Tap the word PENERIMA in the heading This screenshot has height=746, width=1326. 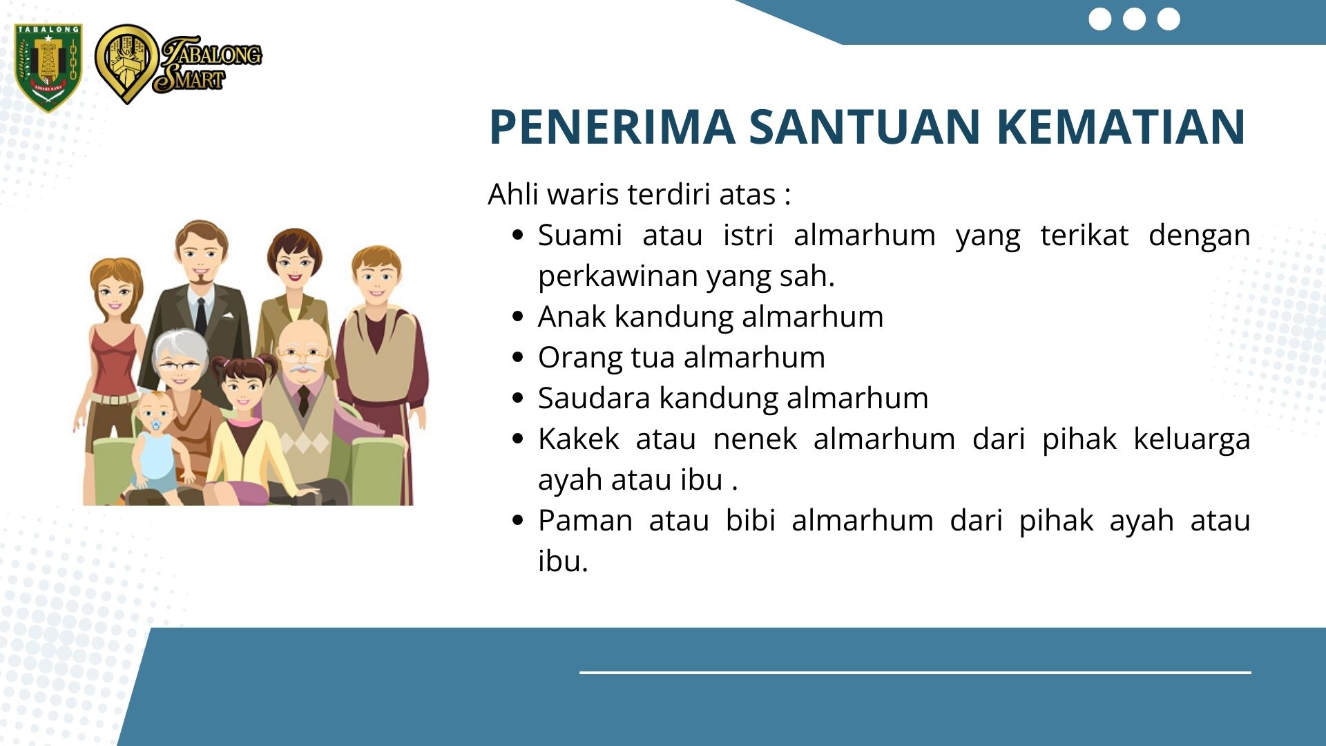612,127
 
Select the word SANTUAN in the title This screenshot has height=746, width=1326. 865,127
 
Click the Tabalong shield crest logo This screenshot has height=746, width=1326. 48,68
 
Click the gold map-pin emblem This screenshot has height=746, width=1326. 126,64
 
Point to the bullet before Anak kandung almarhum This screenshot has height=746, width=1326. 519,316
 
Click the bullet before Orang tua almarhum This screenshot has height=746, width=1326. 519,357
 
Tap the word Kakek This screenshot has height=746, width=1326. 579,439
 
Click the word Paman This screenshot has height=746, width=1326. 585,520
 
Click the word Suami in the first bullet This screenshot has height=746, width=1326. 580,235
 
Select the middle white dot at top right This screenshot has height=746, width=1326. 1134,19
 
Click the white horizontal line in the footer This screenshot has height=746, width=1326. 915,672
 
